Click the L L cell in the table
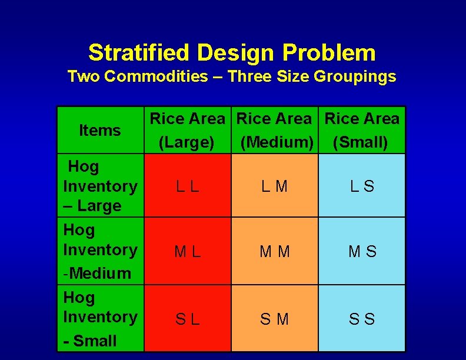tap(188, 186)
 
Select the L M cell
tap(274, 186)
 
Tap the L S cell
tap(362, 186)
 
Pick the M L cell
tap(188, 252)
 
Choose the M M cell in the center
tap(274, 252)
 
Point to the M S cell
tap(362, 252)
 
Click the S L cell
tap(188, 319)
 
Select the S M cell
tap(274, 319)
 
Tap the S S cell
tap(362, 319)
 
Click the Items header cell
tap(100, 131)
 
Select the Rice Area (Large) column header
tap(187, 131)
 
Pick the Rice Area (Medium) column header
tap(274, 131)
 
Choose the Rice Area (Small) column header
tap(362, 131)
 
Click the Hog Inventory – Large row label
tap(100, 186)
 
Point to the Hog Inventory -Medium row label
tap(100, 251)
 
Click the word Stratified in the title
tap(140, 53)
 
